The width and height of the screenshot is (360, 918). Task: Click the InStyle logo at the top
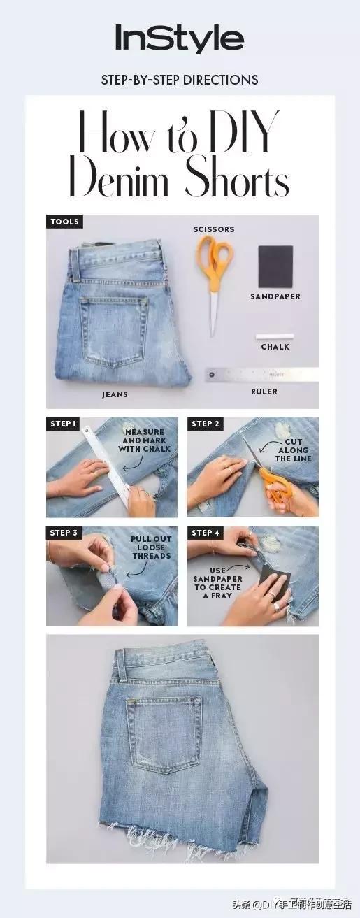click(x=180, y=38)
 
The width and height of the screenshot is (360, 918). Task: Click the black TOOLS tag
click(x=65, y=222)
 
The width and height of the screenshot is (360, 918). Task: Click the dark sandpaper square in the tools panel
click(x=275, y=266)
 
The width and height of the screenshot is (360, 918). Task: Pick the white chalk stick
click(x=275, y=336)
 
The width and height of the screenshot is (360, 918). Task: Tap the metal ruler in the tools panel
click(x=261, y=375)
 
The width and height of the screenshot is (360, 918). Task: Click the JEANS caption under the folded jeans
click(x=115, y=394)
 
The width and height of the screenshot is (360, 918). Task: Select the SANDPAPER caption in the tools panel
click(x=275, y=296)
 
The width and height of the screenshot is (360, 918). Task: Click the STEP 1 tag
click(x=63, y=424)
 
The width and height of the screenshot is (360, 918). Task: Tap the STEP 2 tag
click(x=206, y=424)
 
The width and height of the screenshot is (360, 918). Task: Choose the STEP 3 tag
click(x=64, y=533)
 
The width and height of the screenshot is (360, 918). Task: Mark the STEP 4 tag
click(x=206, y=533)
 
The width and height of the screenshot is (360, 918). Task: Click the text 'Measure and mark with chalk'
click(x=144, y=440)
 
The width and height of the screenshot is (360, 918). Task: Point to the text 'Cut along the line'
click(x=293, y=450)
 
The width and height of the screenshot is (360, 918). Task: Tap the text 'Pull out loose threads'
click(x=151, y=547)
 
